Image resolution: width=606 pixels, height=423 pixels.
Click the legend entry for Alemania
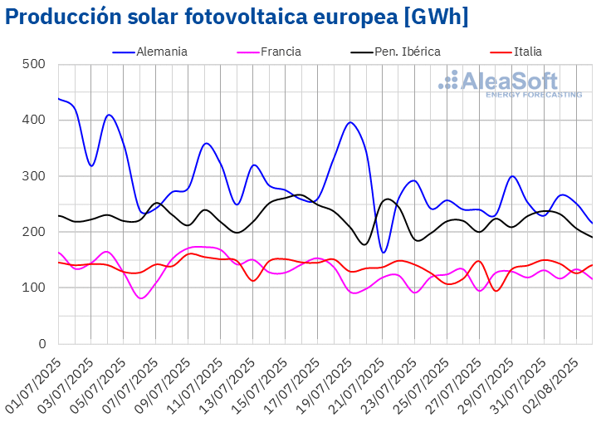pyautogui.click(x=163, y=52)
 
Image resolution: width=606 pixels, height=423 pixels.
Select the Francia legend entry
pyautogui.click(x=281, y=52)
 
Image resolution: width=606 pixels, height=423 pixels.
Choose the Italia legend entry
pyautogui.click(x=527, y=52)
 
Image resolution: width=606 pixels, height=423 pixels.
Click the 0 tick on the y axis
pyautogui.click(x=40, y=344)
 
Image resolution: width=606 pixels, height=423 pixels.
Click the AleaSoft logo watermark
pyautogui.click(x=511, y=84)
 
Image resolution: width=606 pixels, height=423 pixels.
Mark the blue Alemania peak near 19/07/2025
pyautogui.click(x=350, y=122)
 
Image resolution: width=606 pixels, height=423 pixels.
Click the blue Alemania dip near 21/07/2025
pyautogui.click(x=384, y=252)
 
